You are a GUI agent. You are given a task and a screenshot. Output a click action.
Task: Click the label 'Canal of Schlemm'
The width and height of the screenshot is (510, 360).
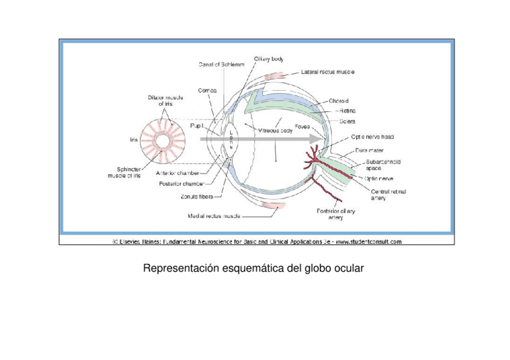221,65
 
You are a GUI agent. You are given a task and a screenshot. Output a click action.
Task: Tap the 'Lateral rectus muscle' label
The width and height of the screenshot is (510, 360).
327,72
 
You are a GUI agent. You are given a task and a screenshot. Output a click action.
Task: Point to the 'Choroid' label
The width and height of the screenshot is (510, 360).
339,101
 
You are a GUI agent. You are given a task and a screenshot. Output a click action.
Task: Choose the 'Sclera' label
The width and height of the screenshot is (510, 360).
347,121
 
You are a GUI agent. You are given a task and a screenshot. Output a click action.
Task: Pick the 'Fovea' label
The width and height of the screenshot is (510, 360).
302,126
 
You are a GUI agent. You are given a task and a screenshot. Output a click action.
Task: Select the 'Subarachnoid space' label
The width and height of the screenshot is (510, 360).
383,165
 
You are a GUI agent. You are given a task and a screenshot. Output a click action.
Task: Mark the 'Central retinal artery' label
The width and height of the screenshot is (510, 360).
389,195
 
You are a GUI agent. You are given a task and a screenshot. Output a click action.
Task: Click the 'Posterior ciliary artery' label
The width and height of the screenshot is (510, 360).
336,215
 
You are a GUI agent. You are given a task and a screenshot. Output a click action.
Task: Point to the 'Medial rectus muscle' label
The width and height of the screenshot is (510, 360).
215,215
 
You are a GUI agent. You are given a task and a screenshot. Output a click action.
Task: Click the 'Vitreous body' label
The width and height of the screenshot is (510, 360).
275,130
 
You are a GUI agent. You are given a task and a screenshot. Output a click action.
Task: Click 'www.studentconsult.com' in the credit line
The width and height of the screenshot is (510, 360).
368,242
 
